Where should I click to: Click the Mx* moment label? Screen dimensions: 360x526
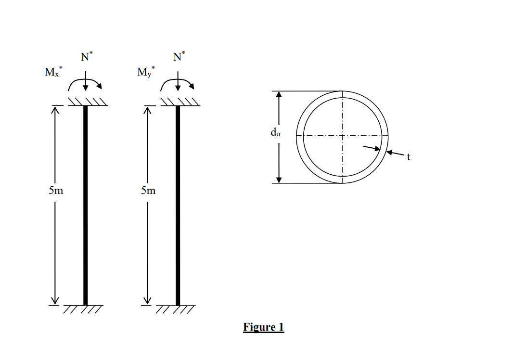pyautogui.click(x=53, y=73)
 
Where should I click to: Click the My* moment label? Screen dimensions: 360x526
pyautogui.click(x=146, y=73)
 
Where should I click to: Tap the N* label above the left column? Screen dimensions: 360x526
pyautogui.click(x=86, y=56)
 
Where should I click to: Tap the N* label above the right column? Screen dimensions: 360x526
pyautogui.click(x=179, y=56)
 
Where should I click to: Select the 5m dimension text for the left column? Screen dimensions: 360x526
pyautogui.click(x=56, y=191)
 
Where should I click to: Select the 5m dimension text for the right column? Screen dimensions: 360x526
pyautogui.click(x=148, y=191)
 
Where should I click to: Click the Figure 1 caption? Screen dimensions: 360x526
pyautogui.click(x=263, y=327)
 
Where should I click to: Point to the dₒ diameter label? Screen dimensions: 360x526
pyautogui.click(x=275, y=133)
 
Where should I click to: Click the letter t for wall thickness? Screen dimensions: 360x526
pyautogui.click(x=408, y=156)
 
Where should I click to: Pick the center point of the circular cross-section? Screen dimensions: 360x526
pyautogui.click(x=342, y=136)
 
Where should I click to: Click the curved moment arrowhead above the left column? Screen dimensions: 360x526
pyautogui.click(x=100, y=87)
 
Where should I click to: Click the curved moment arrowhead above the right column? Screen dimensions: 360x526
pyautogui.click(x=192, y=87)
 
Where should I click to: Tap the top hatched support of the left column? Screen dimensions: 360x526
pyautogui.click(x=87, y=101)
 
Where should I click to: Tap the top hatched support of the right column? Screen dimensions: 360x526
pyautogui.click(x=180, y=101)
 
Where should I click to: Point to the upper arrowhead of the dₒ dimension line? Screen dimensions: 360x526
pyautogui.click(x=278, y=94)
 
